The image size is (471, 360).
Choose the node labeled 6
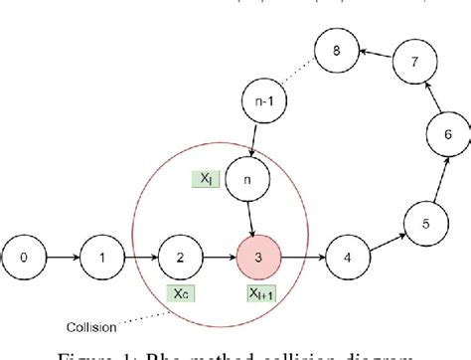[448, 134]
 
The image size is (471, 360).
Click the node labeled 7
[413, 62]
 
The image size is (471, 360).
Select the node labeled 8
[336, 50]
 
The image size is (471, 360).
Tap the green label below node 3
[262, 294]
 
